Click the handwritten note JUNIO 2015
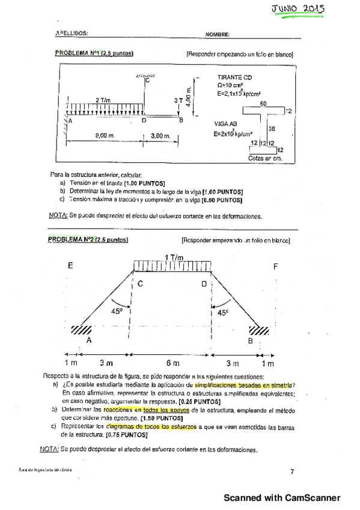[x=299, y=9]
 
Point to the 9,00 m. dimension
[x=105, y=137]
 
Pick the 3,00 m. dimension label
[x=160, y=137]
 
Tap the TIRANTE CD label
[x=235, y=78]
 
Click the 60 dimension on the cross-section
[x=263, y=103]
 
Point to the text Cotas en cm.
[x=264, y=158]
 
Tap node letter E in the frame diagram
[x=71, y=265]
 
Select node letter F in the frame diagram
[x=275, y=265]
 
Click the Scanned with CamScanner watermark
[x=282, y=498]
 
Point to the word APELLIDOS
[x=72, y=34]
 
